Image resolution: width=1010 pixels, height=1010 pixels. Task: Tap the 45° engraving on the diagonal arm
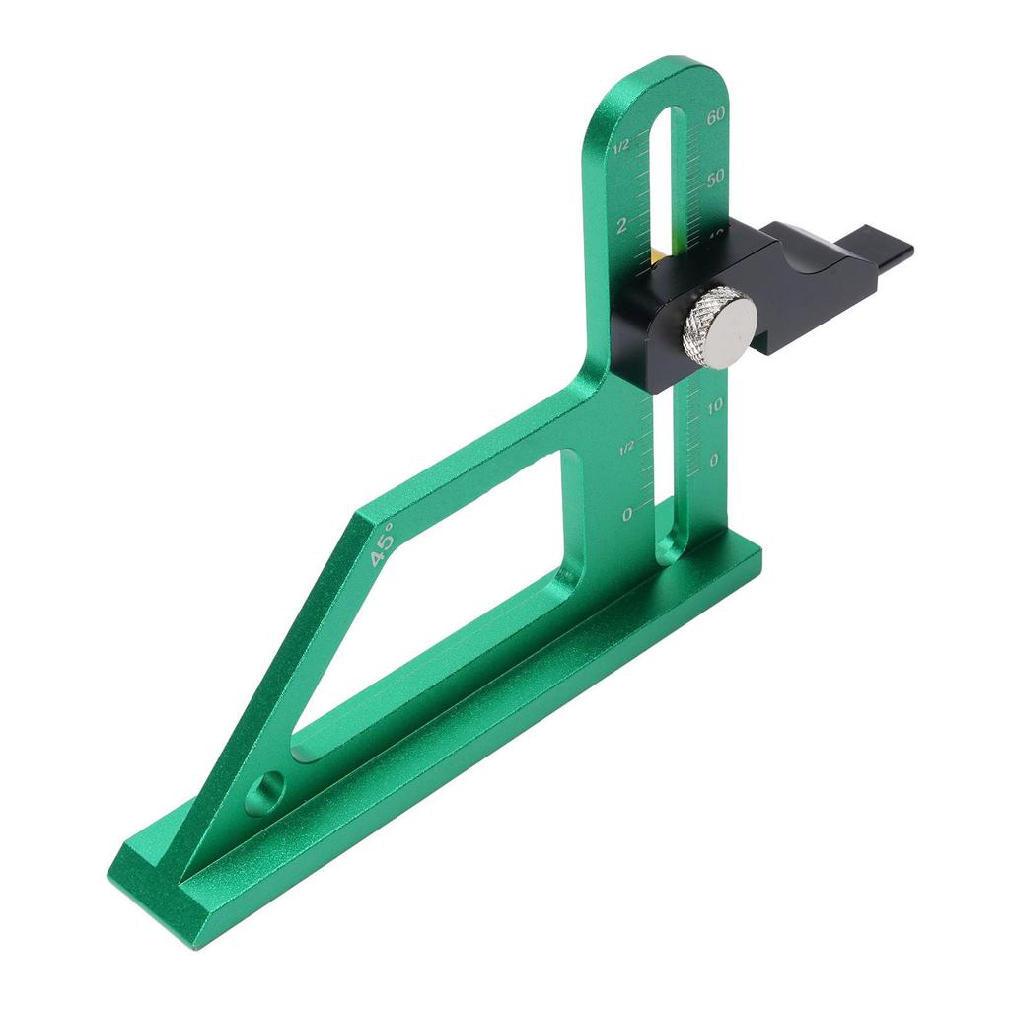(x=382, y=543)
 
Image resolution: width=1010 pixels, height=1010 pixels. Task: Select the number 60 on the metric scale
(x=716, y=114)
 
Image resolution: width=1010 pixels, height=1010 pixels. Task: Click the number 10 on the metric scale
(x=715, y=404)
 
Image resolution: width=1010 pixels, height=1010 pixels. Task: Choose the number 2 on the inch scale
(x=621, y=224)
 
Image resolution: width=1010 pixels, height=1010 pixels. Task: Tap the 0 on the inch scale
(x=627, y=514)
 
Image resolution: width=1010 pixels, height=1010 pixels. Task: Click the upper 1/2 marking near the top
(x=621, y=147)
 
